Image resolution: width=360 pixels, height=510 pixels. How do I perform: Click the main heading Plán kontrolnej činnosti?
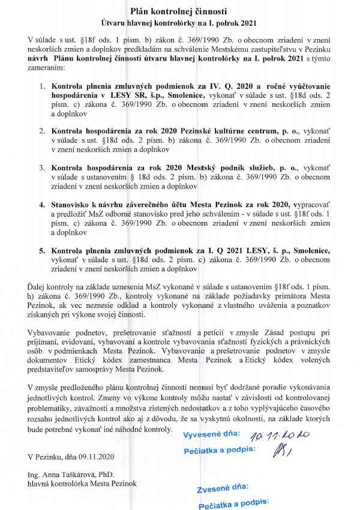[180, 11]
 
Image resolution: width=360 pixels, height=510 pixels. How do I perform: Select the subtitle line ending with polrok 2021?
[180, 23]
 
